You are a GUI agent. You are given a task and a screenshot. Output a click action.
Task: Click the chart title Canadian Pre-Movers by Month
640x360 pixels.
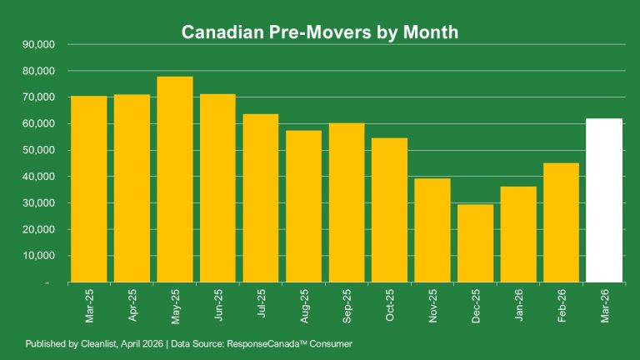320,32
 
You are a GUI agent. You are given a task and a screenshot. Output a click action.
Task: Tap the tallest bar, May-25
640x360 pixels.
175,179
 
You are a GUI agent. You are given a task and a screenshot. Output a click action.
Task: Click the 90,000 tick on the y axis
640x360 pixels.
38,44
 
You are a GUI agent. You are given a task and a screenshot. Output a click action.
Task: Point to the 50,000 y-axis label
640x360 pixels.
38,150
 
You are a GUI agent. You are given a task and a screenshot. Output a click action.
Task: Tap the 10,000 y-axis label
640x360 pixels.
38,256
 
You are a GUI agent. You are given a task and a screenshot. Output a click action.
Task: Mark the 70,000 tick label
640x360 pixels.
38,97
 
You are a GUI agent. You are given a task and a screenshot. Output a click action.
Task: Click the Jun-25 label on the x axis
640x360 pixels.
218,307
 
